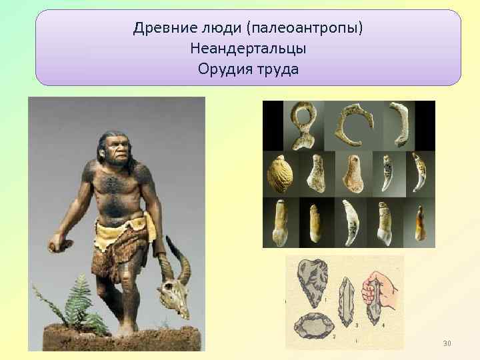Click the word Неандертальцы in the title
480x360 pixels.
pyautogui.click(x=248, y=49)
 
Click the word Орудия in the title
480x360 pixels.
pyautogui.click(x=221, y=69)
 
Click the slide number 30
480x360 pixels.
pyautogui.click(x=447, y=343)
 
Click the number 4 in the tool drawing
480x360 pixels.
pyautogui.click(x=384, y=325)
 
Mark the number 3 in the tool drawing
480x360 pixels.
pyautogui.click(x=357, y=325)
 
